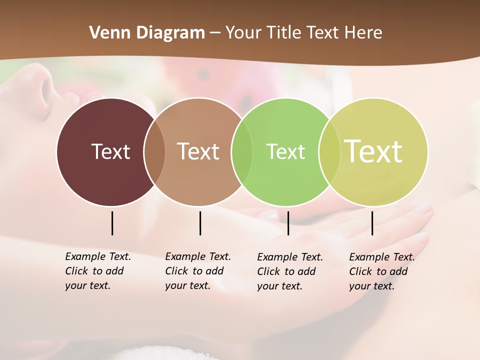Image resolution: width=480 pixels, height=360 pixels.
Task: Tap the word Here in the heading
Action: point(363,33)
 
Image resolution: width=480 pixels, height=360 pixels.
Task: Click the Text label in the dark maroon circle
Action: point(110,151)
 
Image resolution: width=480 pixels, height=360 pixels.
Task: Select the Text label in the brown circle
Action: point(198,151)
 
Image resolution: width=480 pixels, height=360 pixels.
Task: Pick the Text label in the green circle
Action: point(285,151)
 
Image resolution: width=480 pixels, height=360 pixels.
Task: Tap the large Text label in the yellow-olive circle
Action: point(373,151)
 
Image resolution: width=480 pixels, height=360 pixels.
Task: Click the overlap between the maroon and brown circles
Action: point(154,152)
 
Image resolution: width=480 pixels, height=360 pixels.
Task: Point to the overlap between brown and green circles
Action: point(242,152)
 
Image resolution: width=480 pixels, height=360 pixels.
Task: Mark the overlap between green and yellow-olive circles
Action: point(329,152)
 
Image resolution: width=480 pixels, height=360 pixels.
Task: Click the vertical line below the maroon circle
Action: point(112,223)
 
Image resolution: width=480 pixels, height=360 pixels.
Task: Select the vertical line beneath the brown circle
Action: point(200,223)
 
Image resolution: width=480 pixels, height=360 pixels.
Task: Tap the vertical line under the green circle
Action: point(288,223)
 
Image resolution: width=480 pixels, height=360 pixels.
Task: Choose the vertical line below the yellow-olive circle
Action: point(372,223)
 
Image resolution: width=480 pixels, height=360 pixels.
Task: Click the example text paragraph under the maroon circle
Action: point(98,271)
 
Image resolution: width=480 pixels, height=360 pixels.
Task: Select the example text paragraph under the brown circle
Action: point(198,271)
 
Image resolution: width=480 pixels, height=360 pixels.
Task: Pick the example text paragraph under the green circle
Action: point(290,271)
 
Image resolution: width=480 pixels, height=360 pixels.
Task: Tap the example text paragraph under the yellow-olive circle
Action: point(382,271)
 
